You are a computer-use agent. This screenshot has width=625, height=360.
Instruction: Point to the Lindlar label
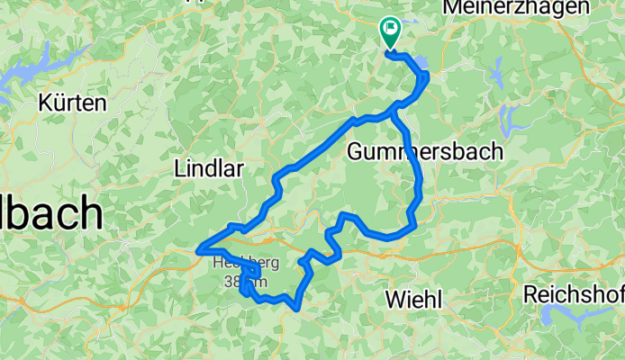tap(209, 167)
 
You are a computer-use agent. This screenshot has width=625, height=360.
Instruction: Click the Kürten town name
tap(72, 103)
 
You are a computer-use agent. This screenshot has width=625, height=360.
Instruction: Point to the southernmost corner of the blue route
tap(296, 310)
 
